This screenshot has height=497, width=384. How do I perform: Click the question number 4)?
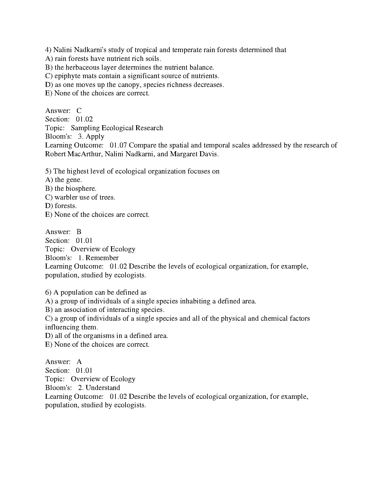click(48, 50)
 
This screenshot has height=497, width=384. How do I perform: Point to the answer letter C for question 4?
click(79, 110)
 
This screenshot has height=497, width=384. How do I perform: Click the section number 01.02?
click(84, 119)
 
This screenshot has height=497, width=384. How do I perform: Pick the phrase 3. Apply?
click(91, 136)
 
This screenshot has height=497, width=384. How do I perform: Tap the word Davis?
click(210, 154)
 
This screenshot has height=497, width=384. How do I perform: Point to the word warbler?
click(65, 197)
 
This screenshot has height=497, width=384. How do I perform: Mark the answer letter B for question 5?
click(79, 232)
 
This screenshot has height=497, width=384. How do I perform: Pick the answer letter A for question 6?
click(79, 362)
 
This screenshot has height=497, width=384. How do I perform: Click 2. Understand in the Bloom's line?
click(99, 388)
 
